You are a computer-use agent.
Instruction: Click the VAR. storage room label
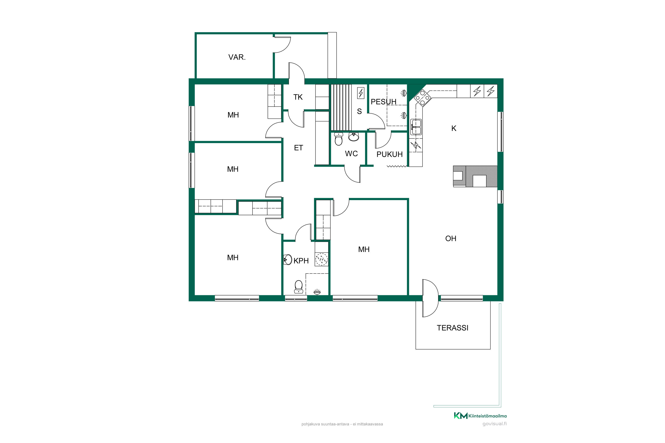click(237, 57)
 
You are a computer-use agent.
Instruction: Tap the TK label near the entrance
click(298, 97)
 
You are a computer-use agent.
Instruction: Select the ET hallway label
click(299, 148)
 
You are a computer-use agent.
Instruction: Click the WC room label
click(351, 153)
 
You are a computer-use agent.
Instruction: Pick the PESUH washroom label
click(383, 101)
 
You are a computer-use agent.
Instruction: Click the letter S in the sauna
click(359, 111)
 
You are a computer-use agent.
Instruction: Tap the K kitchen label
click(454, 128)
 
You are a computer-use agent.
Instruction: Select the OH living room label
click(451, 239)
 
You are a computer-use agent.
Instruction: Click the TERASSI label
click(453, 328)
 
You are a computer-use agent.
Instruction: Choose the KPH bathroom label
click(301, 261)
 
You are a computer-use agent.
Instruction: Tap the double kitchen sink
click(416, 127)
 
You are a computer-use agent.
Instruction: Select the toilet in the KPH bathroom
click(299, 287)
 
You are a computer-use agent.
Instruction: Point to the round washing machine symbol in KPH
click(322, 259)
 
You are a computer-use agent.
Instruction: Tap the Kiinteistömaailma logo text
click(487, 416)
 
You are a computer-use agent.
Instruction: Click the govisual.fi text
click(495, 424)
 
